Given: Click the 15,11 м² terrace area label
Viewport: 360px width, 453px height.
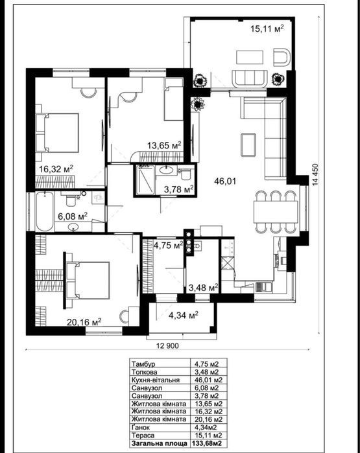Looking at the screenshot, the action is (267, 29).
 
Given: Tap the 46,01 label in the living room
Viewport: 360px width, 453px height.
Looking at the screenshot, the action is (225, 181).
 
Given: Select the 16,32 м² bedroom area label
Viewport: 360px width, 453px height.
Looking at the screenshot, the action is (56, 168).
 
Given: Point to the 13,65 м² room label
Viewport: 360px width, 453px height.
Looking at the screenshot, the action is (164, 145).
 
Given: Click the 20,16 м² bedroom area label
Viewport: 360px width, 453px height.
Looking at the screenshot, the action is (84, 321).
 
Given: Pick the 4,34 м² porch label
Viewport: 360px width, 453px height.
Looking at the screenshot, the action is (184, 315).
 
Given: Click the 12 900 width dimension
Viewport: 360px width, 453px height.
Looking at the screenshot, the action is (167, 345).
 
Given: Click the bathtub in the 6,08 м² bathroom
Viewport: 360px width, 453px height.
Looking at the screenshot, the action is (45, 211).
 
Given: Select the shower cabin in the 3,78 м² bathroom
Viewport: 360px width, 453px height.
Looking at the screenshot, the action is (146, 180).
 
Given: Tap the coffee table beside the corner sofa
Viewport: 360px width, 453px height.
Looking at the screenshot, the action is (248, 145).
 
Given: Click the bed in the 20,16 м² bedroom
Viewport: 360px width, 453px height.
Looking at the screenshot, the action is (88, 280).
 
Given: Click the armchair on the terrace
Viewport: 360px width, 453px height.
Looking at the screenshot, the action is (282, 57).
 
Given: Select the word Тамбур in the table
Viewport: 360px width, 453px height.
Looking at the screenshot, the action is (143, 364).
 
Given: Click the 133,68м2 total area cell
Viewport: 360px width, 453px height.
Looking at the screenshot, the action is (208, 443).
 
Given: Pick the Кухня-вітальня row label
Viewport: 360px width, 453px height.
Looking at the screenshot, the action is (156, 380).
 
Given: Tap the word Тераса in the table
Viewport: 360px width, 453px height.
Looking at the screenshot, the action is (143, 436).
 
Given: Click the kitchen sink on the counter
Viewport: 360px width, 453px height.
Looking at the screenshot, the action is (263, 287).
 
